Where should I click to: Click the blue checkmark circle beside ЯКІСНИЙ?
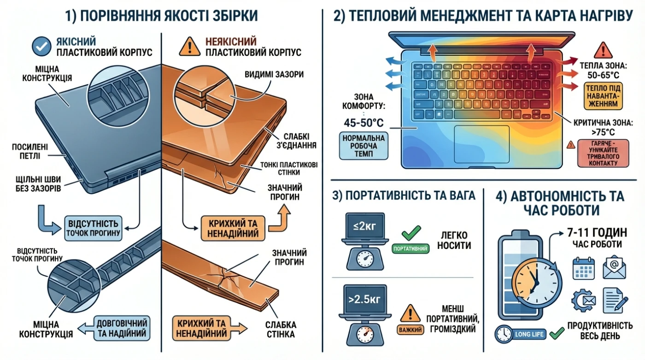41,47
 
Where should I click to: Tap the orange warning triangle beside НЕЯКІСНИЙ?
189,47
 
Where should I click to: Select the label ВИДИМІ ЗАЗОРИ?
274,74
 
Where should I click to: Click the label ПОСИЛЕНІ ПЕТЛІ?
30,152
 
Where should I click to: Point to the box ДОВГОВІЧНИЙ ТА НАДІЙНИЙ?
122,328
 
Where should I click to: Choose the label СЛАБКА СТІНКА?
281,330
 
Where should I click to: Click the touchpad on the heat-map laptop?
482,144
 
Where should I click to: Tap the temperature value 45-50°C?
364,123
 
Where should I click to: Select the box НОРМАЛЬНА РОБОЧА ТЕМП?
364,146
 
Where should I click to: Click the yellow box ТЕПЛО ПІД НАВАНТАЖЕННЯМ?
603,96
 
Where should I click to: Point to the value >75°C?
603,132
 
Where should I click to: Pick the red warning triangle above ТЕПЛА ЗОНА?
603,50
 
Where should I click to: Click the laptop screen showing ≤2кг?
365,226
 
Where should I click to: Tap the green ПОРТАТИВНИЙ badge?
410,248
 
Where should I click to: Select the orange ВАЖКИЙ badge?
410,330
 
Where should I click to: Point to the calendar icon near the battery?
584,268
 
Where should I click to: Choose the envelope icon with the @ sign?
615,267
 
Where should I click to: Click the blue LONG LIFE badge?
521,334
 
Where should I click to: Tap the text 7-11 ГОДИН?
597,232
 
